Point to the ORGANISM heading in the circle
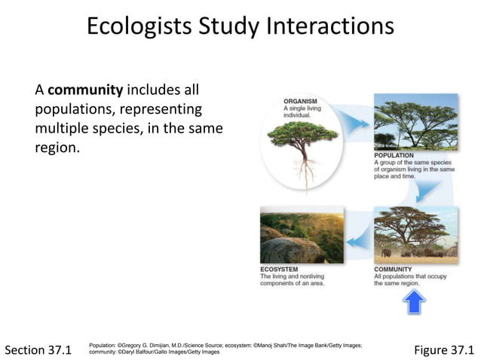(299, 100)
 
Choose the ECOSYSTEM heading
(279, 269)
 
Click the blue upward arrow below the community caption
(414, 302)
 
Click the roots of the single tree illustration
(305, 172)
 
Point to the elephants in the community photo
(388, 252)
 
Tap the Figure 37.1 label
(444, 349)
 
